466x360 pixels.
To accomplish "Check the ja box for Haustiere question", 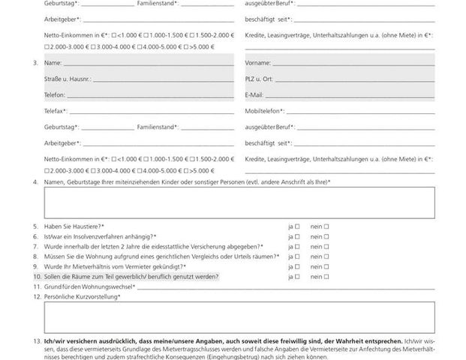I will [297, 226].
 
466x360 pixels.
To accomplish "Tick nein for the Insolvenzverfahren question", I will [327, 236].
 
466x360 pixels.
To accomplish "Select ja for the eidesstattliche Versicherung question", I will [297, 246].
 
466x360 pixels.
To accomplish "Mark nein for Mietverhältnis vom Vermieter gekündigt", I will [327, 266].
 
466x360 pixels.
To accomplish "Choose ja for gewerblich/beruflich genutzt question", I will [297, 277].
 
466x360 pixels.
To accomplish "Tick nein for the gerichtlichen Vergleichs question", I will [327, 256].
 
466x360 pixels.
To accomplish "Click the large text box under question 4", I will [239, 201].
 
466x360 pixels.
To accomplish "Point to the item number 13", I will [37, 342].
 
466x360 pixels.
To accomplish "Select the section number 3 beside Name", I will [36, 62].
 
